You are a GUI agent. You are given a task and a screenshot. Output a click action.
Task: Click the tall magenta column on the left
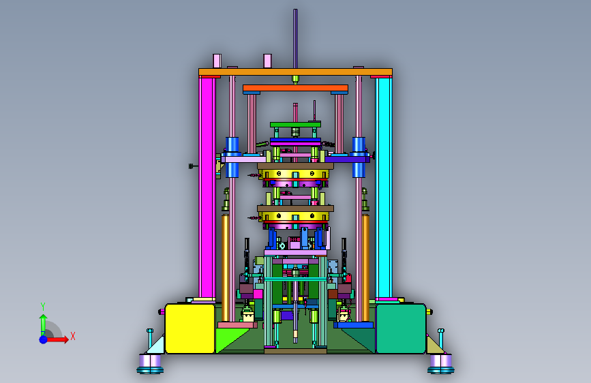207,187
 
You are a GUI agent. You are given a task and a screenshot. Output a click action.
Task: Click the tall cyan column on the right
384,187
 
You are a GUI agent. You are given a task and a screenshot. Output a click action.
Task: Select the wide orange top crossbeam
296,72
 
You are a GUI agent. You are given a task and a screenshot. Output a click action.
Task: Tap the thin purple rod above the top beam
296,39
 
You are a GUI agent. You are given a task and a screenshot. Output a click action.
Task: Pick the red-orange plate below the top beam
296,88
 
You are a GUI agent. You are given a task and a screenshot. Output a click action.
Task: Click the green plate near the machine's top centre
296,125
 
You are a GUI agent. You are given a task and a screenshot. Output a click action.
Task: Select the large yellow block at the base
190,328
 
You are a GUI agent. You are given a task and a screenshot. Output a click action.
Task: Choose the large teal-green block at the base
401,328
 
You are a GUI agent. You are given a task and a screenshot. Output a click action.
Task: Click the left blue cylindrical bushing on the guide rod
232,157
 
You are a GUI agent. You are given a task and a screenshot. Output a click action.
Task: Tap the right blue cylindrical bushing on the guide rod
359,157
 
